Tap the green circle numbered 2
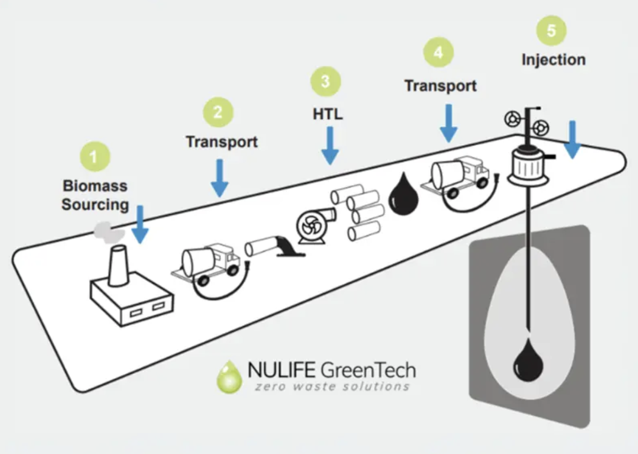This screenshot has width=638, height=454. pos(218,112)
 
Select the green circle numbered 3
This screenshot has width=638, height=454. pos(325,82)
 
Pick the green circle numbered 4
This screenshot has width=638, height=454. pos(438,53)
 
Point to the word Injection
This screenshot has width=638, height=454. pos(553,59)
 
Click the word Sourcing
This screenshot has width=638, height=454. pos(95,204)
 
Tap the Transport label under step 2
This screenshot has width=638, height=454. pos(221,142)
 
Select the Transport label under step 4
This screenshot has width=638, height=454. pos(441,85)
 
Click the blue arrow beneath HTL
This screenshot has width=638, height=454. pos(330,145)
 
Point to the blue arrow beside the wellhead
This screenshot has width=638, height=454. pos(572,140)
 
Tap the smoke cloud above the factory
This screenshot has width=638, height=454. pos(108,231)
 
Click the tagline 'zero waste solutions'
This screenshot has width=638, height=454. pos(332,386)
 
